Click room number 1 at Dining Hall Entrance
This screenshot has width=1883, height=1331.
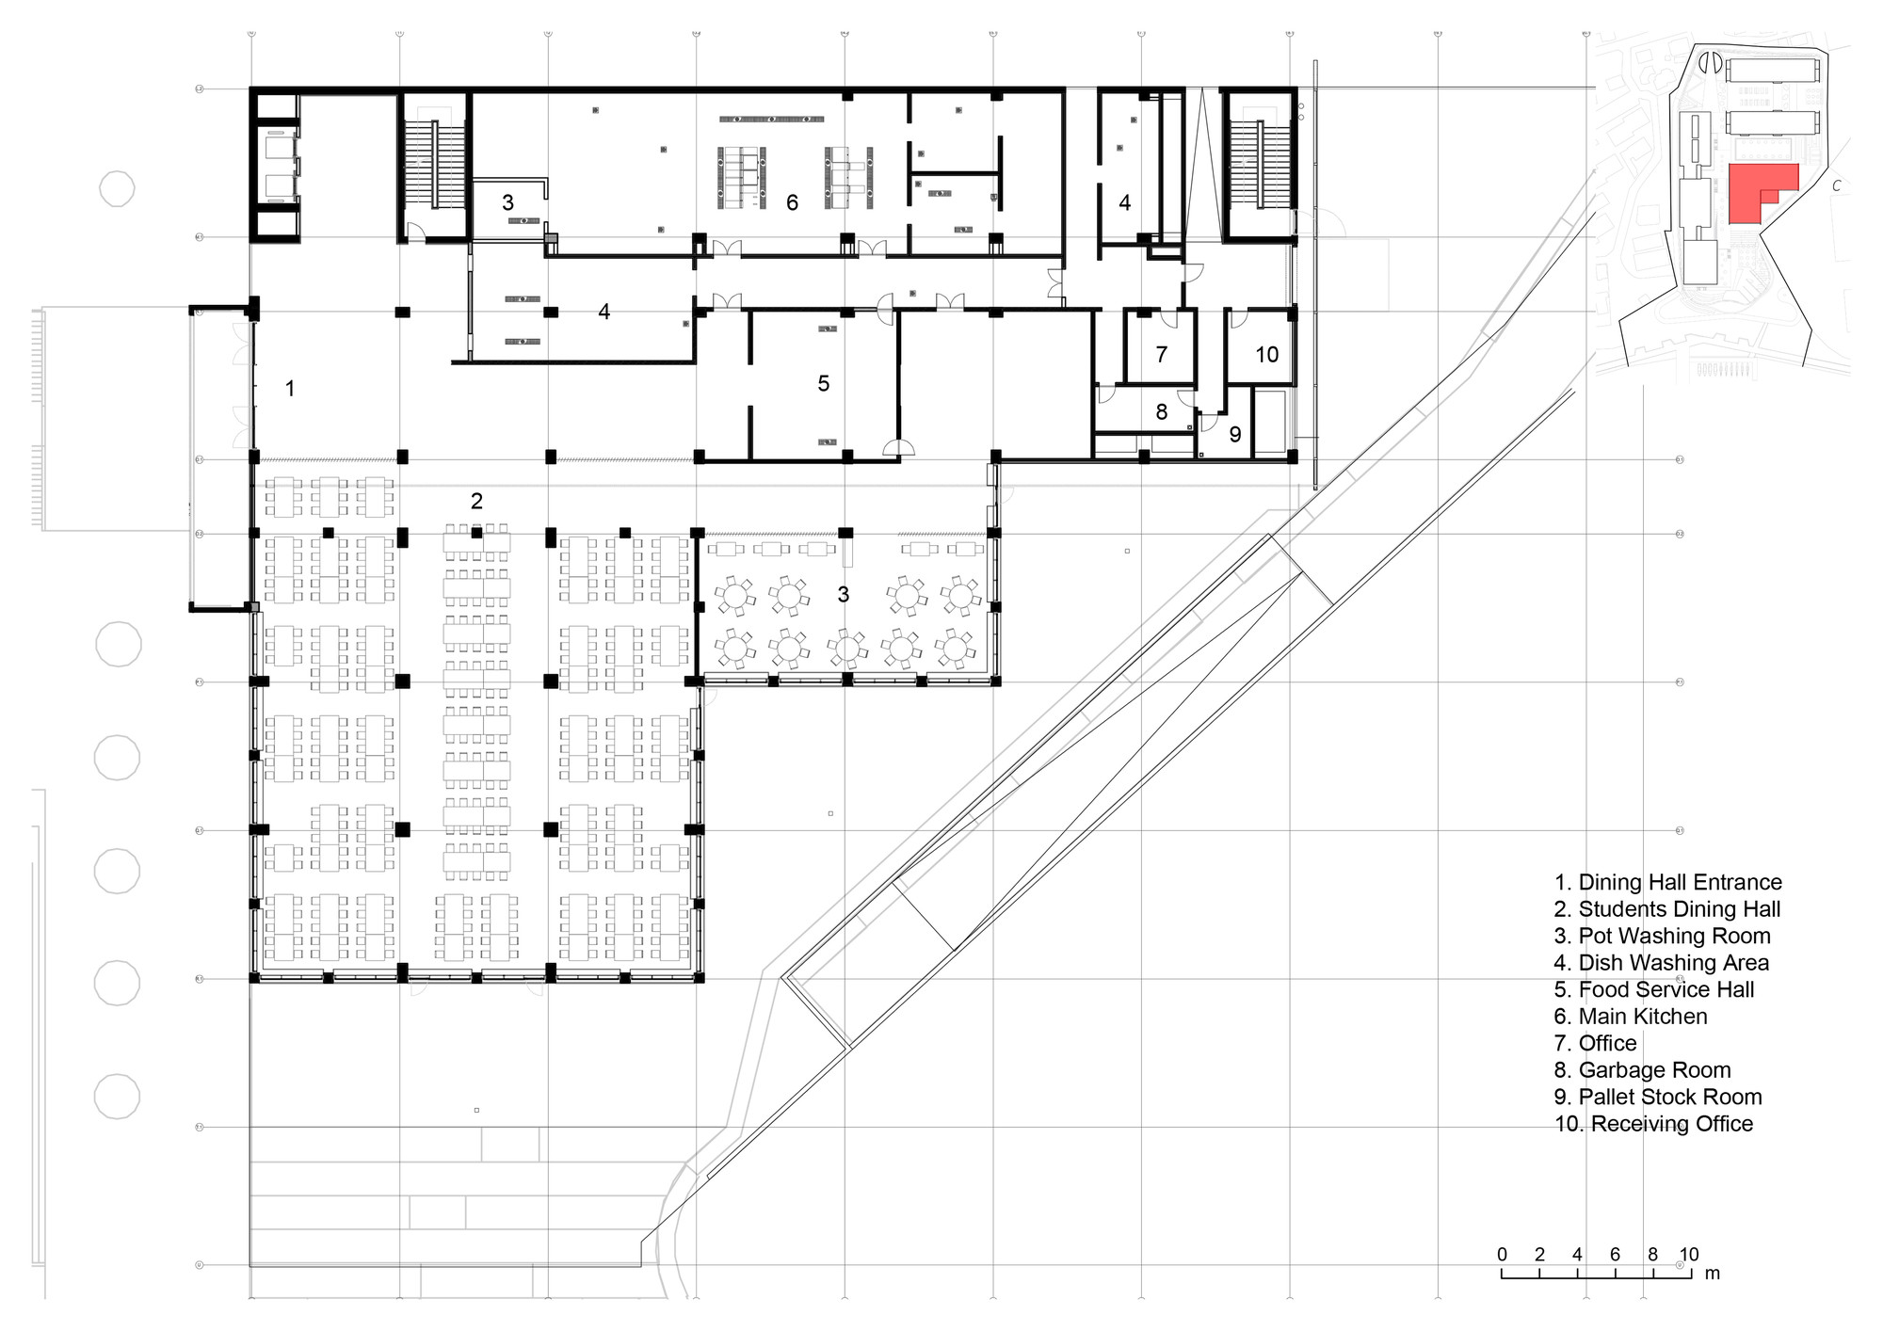pyautogui.click(x=290, y=389)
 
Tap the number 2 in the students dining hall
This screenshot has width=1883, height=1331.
pyautogui.click(x=476, y=502)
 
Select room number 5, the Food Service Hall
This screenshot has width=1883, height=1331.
pyautogui.click(x=824, y=384)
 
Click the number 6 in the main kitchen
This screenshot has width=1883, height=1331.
pyautogui.click(x=792, y=203)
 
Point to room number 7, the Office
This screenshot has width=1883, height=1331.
pyautogui.click(x=1161, y=355)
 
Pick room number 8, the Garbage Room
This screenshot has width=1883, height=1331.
pyautogui.click(x=1161, y=412)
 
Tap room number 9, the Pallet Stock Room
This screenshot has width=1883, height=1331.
pyautogui.click(x=1234, y=435)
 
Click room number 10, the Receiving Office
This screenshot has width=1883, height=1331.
pyautogui.click(x=1266, y=355)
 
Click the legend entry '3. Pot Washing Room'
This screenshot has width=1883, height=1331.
pyautogui.click(x=1662, y=937)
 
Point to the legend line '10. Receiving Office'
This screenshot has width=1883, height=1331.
pyautogui.click(x=1653, y=1124)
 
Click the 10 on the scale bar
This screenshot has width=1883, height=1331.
pyautogui.click(x=1688, y=1255)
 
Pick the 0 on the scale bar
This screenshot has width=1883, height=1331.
pyautogui.click(x=1502, y=1255)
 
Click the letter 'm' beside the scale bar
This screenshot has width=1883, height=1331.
pyautogui.click(x=1712, y=1274)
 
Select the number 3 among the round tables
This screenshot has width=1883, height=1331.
pyautogui.click(x=843, y=595)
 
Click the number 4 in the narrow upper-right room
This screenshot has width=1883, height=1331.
pyautogui.click(x=1124, y=203)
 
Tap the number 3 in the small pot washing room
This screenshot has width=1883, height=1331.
pyautogui.click(x=507, y=203)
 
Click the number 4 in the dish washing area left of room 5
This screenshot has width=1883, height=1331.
pyautogui.click(x=604, y=312)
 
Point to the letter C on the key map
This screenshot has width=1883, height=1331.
pyautogui.click(x=1836, y=186)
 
